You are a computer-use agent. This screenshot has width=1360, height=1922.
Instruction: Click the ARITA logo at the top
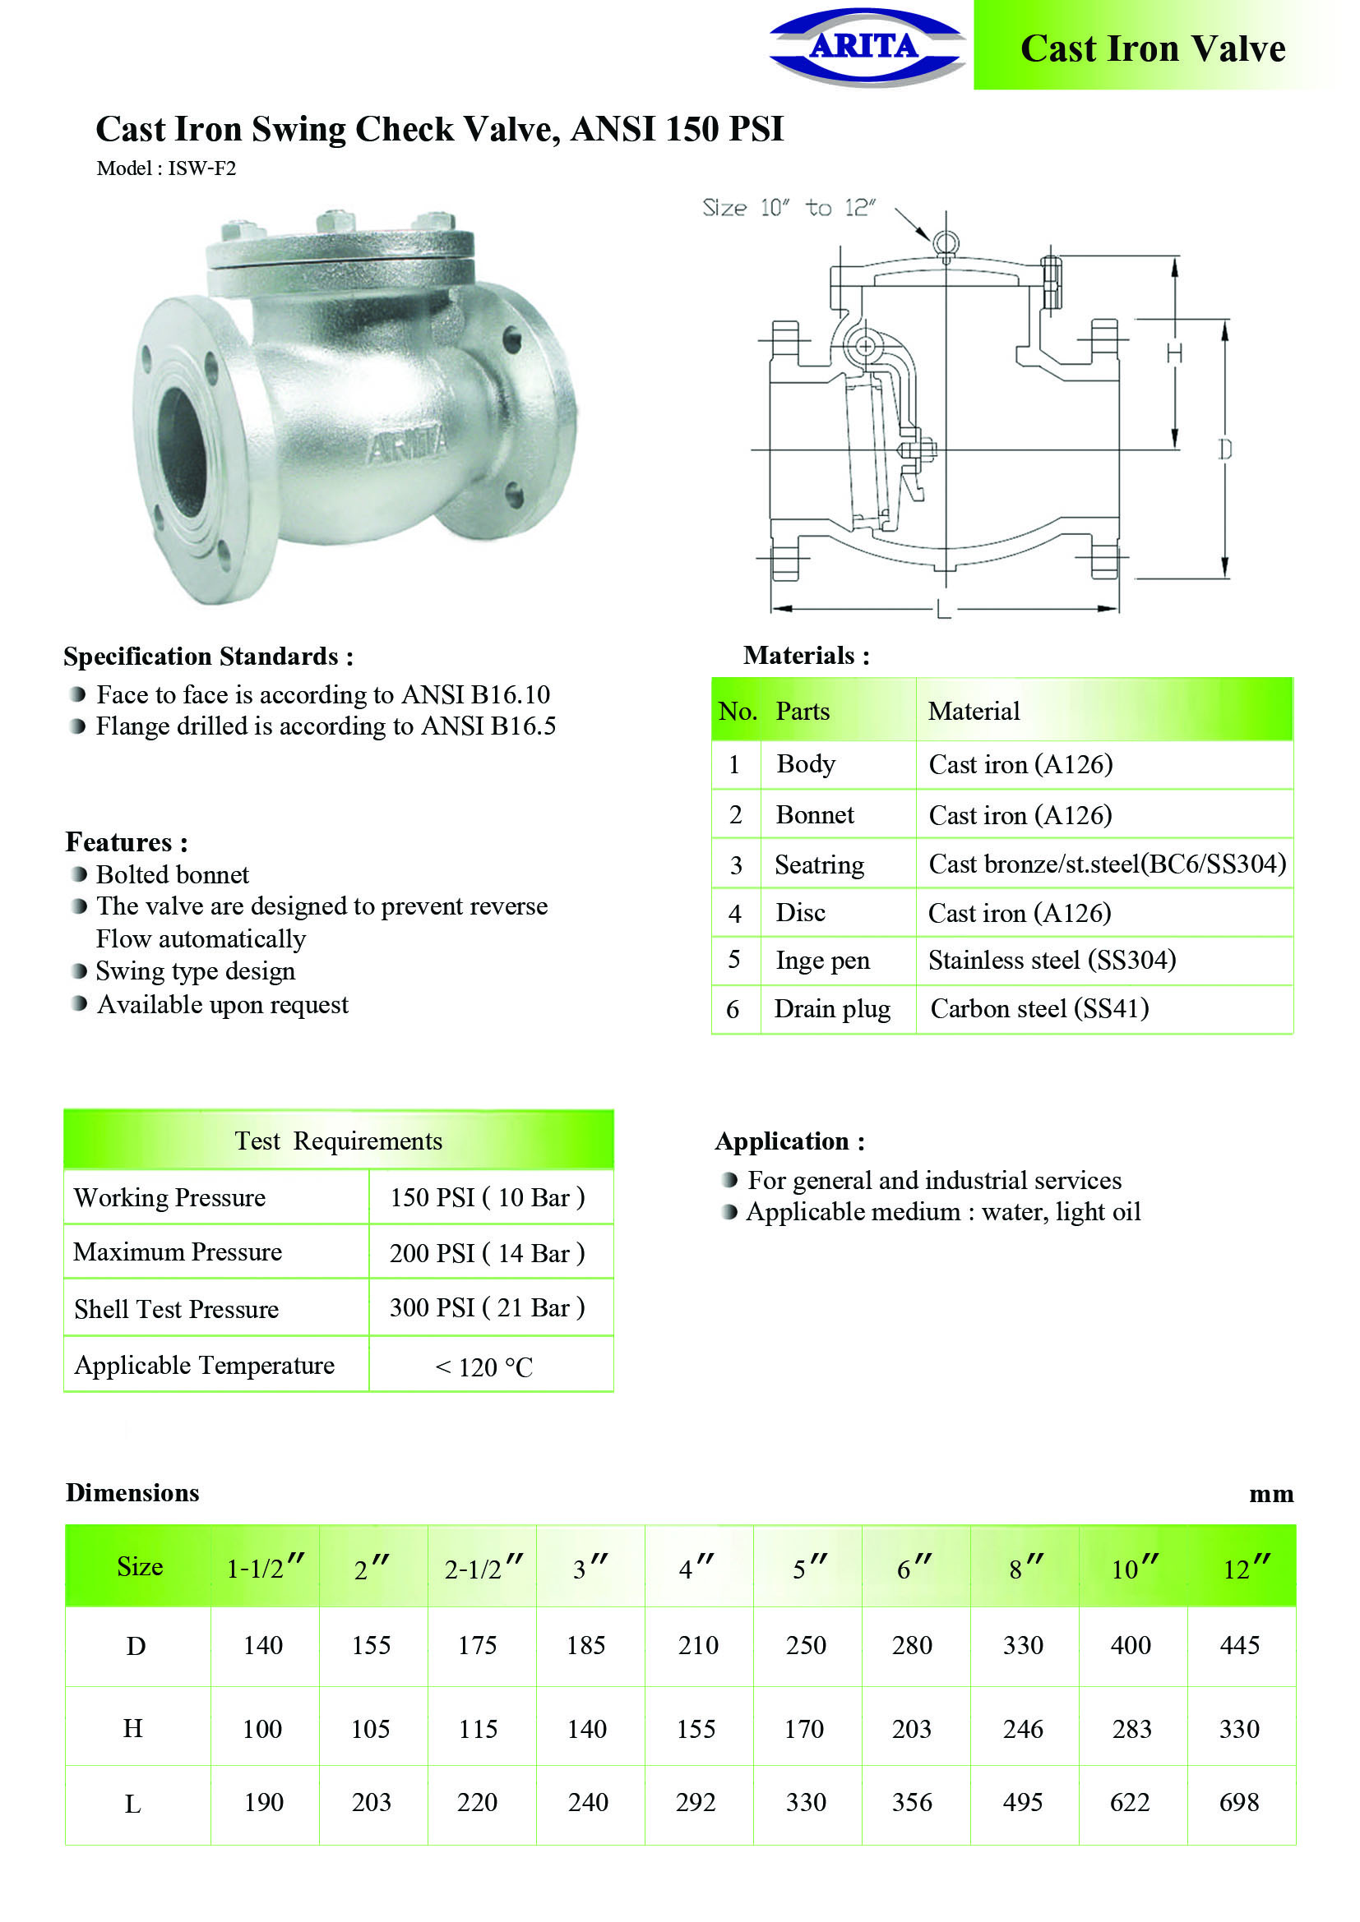pyautogui.click(x=866, y=47)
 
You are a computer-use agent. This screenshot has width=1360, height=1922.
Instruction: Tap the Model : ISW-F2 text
pyautogui.click(x=166, y=168)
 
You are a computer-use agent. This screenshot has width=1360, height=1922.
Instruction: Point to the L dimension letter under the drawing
pyautogui.click(x=944, y=610)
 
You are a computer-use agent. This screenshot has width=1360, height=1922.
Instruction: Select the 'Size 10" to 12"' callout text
pyautogui.click(x=789, y=208)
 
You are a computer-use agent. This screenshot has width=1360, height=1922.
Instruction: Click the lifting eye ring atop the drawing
pyautogui.click(x=946, y=243)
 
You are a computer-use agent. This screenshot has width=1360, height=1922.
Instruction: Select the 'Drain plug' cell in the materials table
pyautogui.click(x=831, y=1009)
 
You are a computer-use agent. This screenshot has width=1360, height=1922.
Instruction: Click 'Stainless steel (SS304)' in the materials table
pyautogui.click(x=1052, y=959)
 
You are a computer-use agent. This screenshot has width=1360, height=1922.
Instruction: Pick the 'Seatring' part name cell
pyautogui.click(x=819, y=864)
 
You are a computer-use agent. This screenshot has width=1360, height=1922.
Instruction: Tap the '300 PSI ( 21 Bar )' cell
pyautogui.click(x=487, y=1307)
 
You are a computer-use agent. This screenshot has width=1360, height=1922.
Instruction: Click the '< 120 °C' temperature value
pyautogui.click(x=483, y=1367)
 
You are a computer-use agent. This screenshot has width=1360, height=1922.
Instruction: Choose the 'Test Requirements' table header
pyautogui.click(x=338, y=1141)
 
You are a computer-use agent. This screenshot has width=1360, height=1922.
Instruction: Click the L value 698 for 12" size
pyautogui.click(x=1238, y=1801)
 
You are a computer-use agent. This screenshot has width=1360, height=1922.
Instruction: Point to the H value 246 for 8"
pyautogui.click(x=1023, y=1729)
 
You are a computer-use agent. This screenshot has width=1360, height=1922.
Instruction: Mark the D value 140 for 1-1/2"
pyautogui.click(x=263, y=1645)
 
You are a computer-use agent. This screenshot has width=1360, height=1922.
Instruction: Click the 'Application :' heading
pyautogui.click(x=789, y=1141)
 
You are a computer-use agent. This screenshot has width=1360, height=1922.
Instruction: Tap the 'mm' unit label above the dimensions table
pyautogui.click(x=1270, y=1494)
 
